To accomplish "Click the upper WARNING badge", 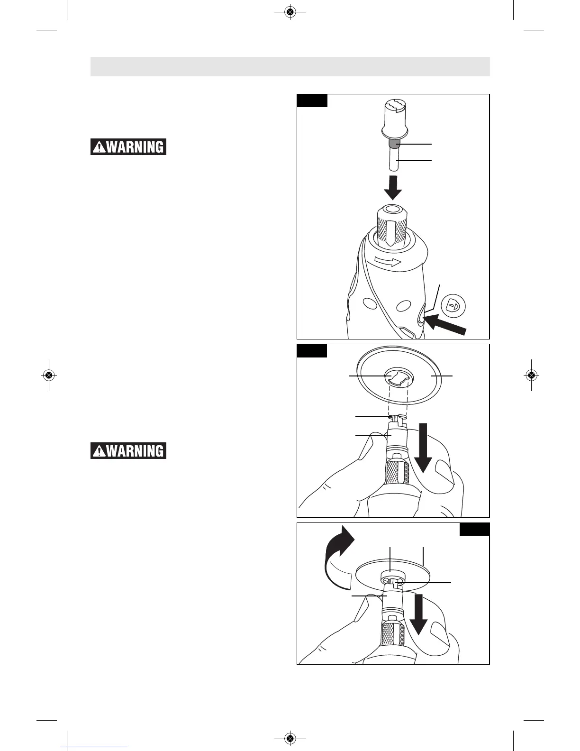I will click(x=128, y=147).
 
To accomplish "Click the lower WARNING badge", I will click(x=128, y=450).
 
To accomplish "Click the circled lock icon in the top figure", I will click(x=453, y=305).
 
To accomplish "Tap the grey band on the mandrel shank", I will click(x=393, y=143).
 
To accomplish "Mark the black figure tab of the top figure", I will click(x=312, y=101).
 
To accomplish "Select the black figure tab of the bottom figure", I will click(x=474, y=529).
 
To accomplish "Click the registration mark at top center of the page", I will click(x=290, y=12).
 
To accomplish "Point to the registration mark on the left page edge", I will click(x=48, y=375).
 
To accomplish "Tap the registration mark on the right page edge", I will click(x=531, y=375).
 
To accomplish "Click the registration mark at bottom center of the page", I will click(x=290, y=738).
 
